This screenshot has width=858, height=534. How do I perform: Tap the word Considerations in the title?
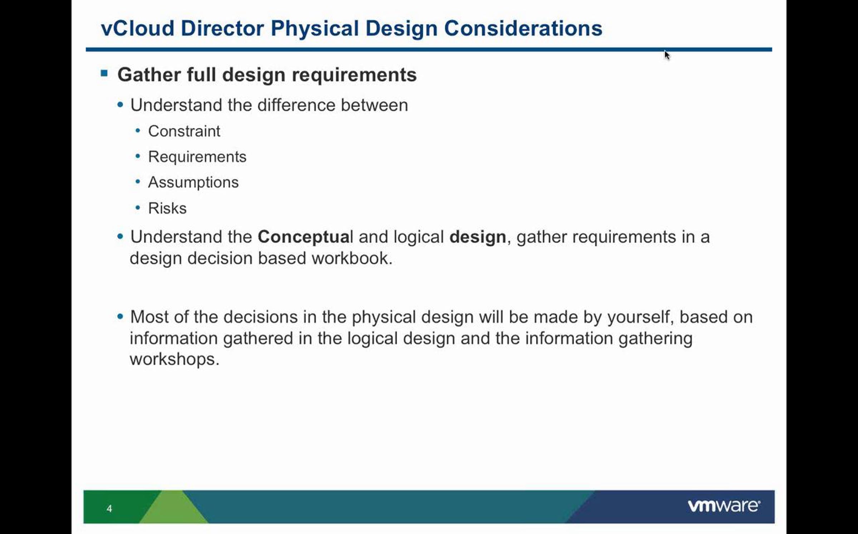[x=523, y=28]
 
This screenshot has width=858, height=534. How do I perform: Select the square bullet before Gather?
[x=104, y=73]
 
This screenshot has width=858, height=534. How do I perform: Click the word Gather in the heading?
[x=149, y=75]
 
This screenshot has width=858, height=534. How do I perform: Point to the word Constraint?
[x=184, y=131]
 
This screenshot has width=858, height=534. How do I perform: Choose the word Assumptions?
[x=193, y=182]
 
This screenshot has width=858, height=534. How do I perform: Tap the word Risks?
[x=167, y=208]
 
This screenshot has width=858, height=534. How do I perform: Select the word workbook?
[x=352, y=258]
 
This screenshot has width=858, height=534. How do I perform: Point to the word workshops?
[x=174, y=359]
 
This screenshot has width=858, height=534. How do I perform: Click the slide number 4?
[x=109, y=508]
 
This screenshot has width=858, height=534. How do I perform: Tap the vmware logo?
[x=724, y=506]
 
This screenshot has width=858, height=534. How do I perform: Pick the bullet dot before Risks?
[x=138, y=207]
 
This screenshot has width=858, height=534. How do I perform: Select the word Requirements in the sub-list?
[x=197, y=157]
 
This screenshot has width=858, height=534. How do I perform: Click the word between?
[x=374, y=105]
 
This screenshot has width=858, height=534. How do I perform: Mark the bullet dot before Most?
[x=120, y=316]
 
